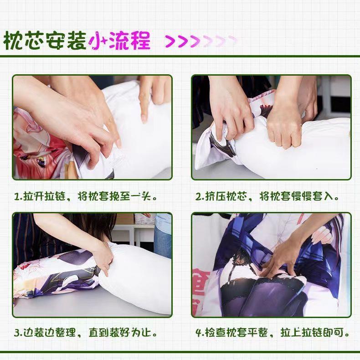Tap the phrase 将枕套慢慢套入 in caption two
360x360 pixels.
(x=299, y=197)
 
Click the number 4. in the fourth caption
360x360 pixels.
(x=199, y=332)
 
